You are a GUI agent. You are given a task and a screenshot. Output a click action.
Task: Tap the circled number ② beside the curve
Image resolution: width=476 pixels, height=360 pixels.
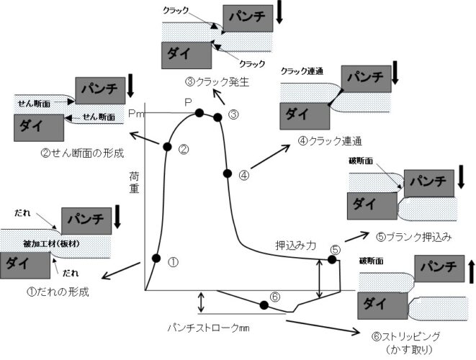click(184, 150)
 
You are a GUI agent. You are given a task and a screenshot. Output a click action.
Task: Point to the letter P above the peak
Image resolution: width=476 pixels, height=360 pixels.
click(188, 102)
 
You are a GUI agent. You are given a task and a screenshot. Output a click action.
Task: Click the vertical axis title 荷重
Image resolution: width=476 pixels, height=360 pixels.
click(134, 184)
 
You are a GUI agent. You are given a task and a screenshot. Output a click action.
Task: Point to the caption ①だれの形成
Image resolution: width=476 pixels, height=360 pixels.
click(55, 292)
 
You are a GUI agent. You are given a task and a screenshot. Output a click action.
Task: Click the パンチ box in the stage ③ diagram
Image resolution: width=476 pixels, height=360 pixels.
click(246, 15)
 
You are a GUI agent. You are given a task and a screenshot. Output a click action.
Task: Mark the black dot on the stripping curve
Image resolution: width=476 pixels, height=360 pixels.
click(264, 305)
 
